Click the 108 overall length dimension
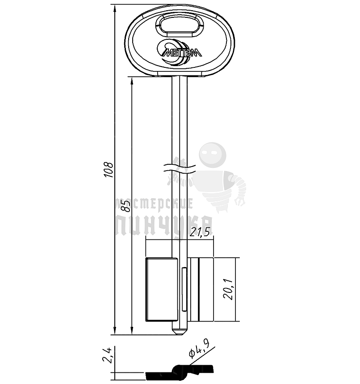(109, 170)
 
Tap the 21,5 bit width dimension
(200, 232)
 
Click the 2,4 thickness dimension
(108, 355)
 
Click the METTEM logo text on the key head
(182, 52)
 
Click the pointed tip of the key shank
(180, 334)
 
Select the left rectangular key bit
(162, 289)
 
